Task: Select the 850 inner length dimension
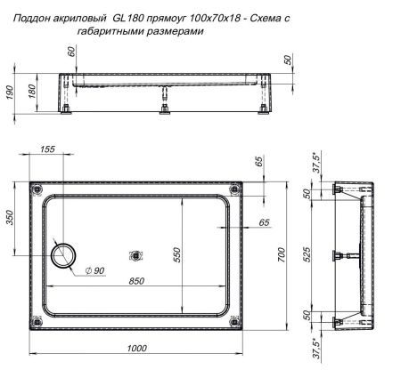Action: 136,280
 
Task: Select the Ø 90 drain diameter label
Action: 94,270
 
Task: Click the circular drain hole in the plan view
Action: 63,254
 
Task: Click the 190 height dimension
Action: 8,92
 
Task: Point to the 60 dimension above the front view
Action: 72,56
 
